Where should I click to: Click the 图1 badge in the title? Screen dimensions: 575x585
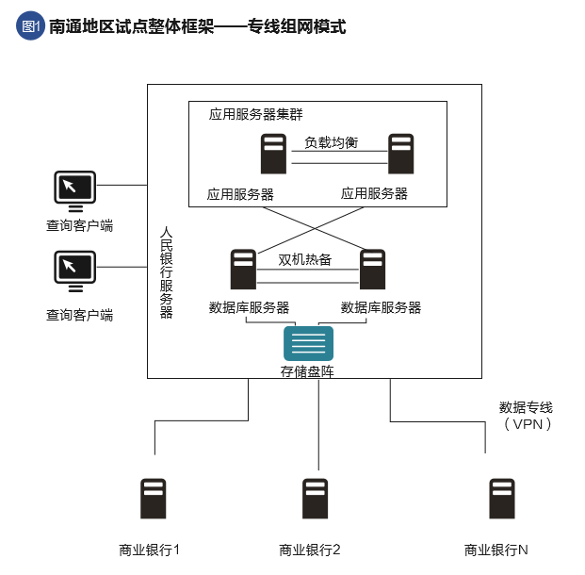click(x=30, y=26)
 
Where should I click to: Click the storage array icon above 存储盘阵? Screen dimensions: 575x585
click(x=308, y=343)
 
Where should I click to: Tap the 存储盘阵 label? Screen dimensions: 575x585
click(x=307, y=371)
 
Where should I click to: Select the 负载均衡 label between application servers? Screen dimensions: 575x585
click(x=331, y=142)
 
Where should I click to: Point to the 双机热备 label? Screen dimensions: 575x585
click(x=305, y=259)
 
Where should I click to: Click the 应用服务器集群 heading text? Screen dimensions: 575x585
click(x=256, y=114)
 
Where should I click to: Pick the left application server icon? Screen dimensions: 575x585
click(x=273, y=154)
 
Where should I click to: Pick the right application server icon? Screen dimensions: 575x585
click(x=401, y=154)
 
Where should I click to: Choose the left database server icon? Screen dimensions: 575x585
click(x=243, y=269)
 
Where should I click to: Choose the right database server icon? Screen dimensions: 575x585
click(x=373, y=269)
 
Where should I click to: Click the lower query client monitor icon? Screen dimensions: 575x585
click(x=74, y=271)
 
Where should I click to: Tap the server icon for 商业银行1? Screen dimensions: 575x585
click(x=153, y=500)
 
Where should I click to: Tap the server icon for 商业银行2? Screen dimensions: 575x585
click(x=315, y=500)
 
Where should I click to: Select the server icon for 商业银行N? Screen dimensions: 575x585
click(x=501, y=500)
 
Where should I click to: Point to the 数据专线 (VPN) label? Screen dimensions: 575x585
click(x=526, y=416)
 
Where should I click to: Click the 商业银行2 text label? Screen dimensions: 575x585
click(x=310, y=550)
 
